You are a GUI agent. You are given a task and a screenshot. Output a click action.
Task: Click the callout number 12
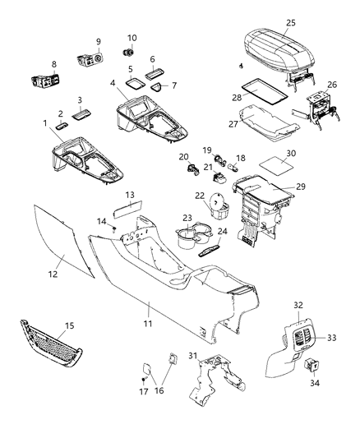[53, 273]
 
